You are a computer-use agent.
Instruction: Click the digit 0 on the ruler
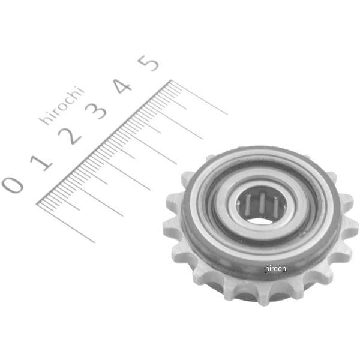(x=13, y=185)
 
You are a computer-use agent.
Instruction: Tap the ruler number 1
(x=41, y=163)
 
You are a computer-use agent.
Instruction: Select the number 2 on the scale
(x=70, y=136)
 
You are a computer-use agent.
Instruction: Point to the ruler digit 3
(x=96, y=110)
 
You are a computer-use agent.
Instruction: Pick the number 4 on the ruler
(x=123, y=86)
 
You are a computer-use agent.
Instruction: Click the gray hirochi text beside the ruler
(x=62, y=106)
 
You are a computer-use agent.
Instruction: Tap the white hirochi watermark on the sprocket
(x=276, y=268)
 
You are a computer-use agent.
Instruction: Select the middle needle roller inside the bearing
(x=262, y=203)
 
